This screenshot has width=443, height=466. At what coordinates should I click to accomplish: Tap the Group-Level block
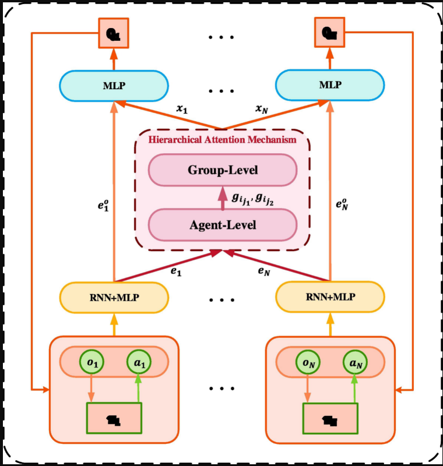click(223, 170)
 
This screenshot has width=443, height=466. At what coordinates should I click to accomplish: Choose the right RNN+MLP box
click(330, 297)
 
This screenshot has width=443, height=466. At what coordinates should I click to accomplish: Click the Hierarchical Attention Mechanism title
click(223, 140)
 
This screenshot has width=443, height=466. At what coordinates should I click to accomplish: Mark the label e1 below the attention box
click(175, 271)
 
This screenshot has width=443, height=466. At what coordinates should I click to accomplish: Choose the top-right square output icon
click(329, 34)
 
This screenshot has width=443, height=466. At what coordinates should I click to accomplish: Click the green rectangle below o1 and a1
click(114, 418)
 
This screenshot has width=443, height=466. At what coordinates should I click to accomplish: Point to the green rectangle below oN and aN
click(330, 418)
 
